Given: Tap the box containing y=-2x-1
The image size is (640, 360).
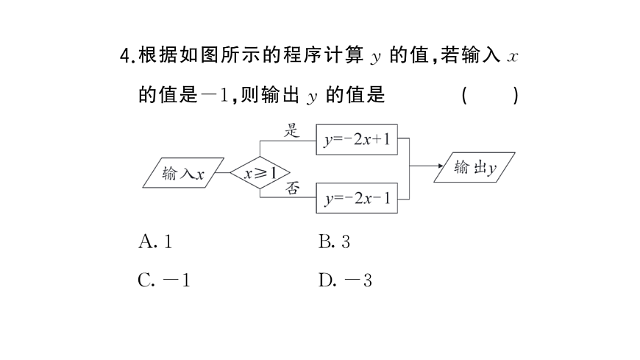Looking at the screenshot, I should coord(357,197).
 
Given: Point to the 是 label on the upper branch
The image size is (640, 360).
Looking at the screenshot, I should coord(293,131).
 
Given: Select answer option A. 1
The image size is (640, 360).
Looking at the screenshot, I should coord(154,241).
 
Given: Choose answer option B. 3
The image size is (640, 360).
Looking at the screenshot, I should coord(335,241).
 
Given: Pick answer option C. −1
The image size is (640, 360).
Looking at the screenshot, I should coord(163,280).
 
